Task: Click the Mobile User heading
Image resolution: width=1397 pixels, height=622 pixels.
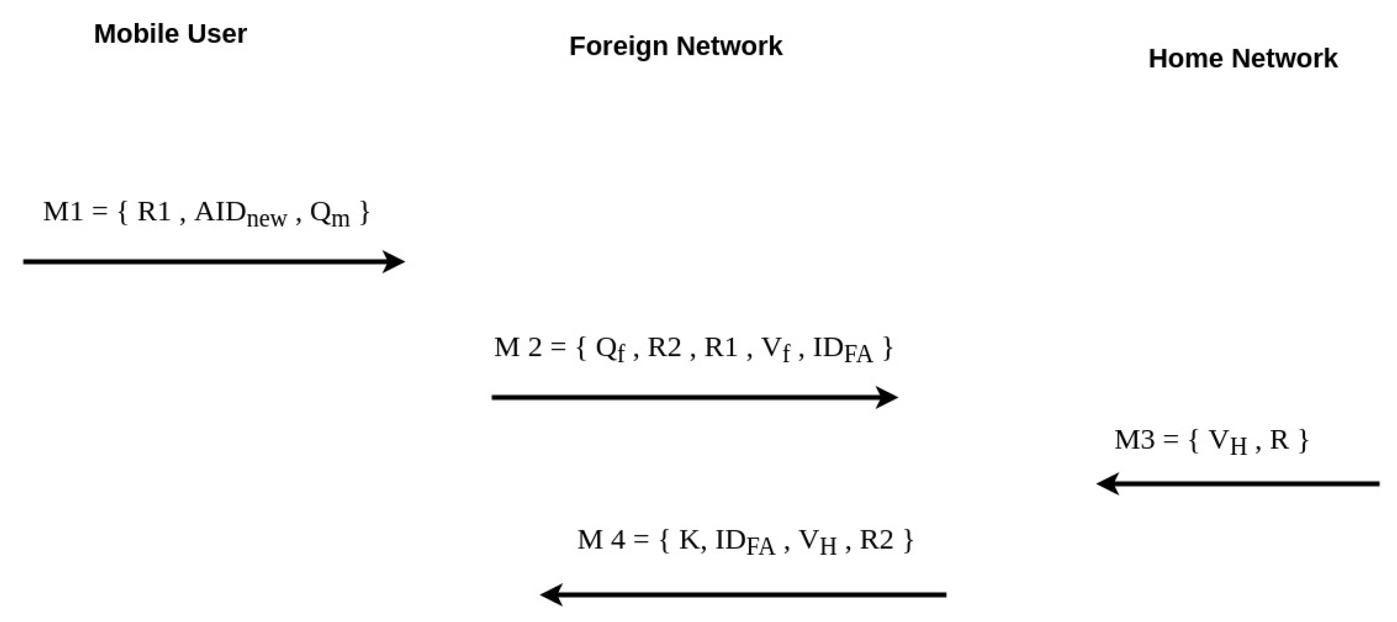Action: click(x=170, y=34)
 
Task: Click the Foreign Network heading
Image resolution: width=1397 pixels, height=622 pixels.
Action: click(x=675, y=46)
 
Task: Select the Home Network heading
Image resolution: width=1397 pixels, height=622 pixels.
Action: click(x=1242, y=59)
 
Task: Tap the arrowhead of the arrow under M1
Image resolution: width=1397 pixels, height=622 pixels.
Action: click(x=395, y=261)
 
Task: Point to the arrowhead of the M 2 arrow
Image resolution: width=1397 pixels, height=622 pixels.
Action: click(x=887, y=397)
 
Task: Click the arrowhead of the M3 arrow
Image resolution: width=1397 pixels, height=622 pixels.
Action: click(x=1108, y=484)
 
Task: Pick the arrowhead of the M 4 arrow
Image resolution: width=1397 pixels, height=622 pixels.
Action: click(x=551, y=595)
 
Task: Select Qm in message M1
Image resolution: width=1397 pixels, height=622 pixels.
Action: click(x=329, y=214)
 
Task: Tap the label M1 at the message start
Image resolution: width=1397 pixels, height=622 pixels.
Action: click(x=63, y=212)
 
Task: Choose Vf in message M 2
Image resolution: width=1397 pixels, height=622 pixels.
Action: click(x=776, y=349)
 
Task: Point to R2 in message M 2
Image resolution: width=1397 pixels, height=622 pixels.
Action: click(x=664, y=347)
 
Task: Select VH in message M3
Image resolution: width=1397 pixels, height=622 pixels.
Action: click(x=1227, y=442)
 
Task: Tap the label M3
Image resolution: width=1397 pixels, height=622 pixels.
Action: click(x=1134, y=440)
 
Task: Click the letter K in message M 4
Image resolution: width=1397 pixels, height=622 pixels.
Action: click(x=689, y=540)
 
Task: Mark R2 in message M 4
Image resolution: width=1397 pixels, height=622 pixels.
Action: click(x=876, y=540)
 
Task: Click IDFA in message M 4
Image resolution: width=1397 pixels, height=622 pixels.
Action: click(x=744, y=542)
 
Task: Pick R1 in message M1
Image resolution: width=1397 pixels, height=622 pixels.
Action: click(x=154, y=212)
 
